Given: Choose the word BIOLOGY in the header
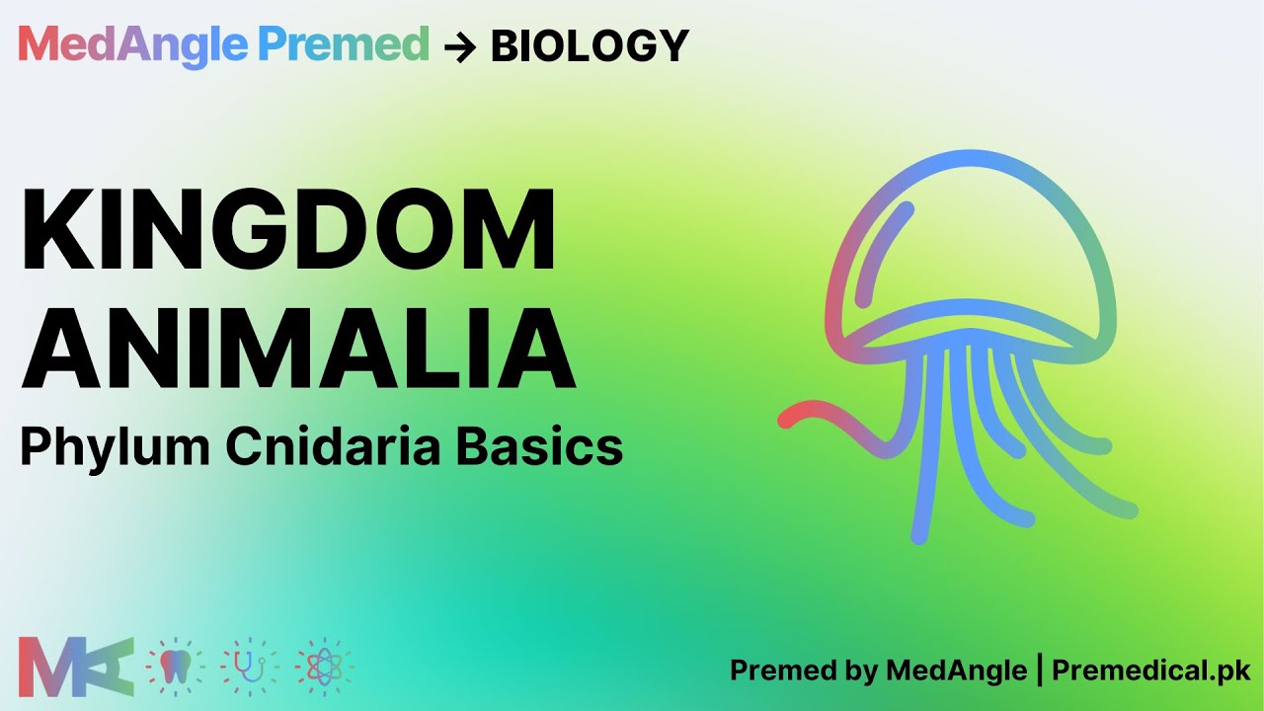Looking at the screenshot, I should (590, 46).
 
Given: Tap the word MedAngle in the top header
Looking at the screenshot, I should (131, 44).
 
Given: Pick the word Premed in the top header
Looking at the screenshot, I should (343, 44).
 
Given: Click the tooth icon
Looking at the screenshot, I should (175, 667).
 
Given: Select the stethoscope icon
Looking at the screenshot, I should (249, 667).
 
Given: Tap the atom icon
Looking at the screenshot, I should (323, 667).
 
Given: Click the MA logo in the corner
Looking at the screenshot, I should (76, 667).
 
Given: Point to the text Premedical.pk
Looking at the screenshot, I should (1151, 671).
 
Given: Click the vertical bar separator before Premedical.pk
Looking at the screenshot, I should (1039, 671).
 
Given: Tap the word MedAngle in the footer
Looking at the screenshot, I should (956, 671).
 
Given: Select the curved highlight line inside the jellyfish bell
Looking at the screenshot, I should (879, 247).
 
